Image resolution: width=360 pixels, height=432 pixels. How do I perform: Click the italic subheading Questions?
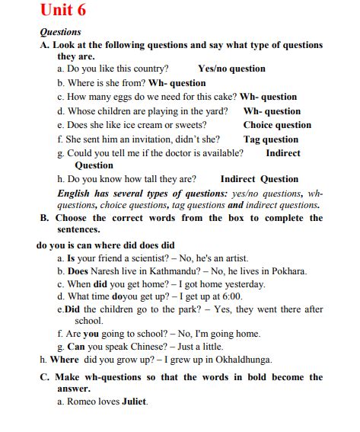click(60, 32)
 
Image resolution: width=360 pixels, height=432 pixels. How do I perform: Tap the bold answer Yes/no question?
click(231, 69)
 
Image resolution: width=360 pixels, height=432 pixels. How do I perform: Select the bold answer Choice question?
click(277, 125)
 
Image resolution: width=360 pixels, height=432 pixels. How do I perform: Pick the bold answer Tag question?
click(271, 139)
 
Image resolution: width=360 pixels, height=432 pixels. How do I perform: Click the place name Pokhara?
click(286, 270)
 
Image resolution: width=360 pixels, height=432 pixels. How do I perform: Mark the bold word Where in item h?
click(64, 360)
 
